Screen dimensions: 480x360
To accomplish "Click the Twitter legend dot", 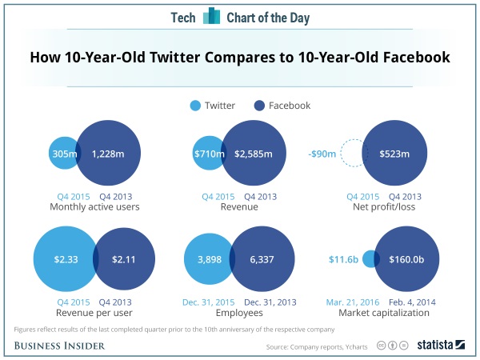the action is pos(195,106).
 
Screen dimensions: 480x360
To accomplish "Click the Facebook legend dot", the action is pos(259,106).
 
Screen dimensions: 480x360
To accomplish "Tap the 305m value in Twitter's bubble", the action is pos(65,154).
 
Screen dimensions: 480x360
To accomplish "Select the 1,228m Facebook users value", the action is pos(108,154).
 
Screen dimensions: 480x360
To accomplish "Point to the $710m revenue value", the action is pos(210,154).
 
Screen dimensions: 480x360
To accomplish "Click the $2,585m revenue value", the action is pos(254,154).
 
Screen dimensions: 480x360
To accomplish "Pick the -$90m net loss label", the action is pos(322,154).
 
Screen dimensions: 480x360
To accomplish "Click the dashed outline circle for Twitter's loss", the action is pos(341,153).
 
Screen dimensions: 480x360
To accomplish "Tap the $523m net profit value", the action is pos(394,154).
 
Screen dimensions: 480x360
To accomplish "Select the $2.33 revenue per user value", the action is pos(66,259).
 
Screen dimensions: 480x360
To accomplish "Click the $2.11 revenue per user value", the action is pos(124,259).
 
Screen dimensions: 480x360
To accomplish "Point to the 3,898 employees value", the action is pos(210,259).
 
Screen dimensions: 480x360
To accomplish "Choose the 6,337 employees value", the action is pos(262,259).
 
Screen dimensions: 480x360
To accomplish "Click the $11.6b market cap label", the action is pos(343,259).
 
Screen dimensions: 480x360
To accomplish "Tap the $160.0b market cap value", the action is pos(406,259).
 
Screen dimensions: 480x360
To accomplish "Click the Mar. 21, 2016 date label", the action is pos(353,302).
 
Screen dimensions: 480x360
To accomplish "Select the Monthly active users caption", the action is pos(94,207).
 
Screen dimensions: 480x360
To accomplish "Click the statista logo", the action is pos(441,345).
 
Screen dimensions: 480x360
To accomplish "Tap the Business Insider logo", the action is pos(59,346).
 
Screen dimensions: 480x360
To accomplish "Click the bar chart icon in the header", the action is pos(211,16).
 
